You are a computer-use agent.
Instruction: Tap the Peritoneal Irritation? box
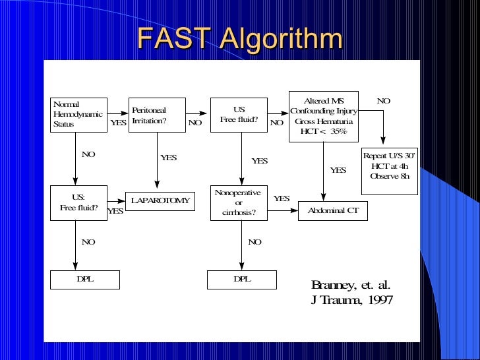pyautogui.click(x=157, y=115)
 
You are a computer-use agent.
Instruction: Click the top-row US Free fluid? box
pyautogui.click(x=239, y=115)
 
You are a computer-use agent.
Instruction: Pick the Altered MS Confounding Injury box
pyautogui.click(x=323, y=116)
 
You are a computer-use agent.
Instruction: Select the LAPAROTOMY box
pyautogui.click(x=160, y=200)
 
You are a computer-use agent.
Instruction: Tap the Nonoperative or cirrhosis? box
pyautogui.click(x=238, y=202)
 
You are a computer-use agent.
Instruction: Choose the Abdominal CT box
pyautogui.click(x=333, y=211)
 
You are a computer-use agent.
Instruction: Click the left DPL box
pyautogui.click(x=85, y=280)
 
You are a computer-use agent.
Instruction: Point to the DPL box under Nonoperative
pyautogui.click(x=241, y=280)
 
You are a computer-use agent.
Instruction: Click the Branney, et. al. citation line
pyautogui.click(x=351, y=285)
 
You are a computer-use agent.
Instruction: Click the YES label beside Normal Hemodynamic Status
pyautogui.click(x=118, y=123)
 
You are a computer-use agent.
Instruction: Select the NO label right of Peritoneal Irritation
pyautogui.click(x=195, y=123)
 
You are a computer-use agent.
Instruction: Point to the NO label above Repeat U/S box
pyautogui.click(x=383, y=101)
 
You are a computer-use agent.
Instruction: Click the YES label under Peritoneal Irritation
pyautogui.click(x=169, y=158)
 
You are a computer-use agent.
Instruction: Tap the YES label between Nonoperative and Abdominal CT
pyautogui.click(x=282, y=198)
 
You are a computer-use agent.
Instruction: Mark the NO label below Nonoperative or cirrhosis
pyautogui.click(x=255, y=242)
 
